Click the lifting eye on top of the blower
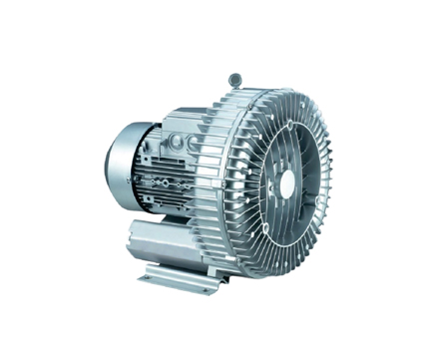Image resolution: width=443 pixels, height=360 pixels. click(235, 77)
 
